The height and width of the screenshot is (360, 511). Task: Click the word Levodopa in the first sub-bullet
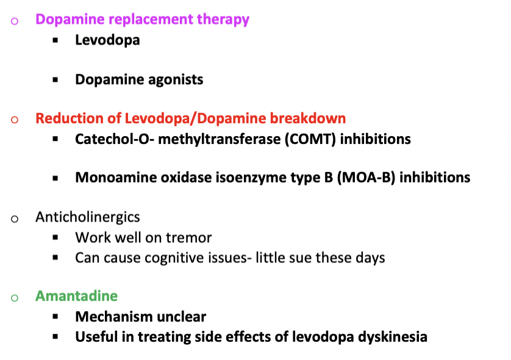107,40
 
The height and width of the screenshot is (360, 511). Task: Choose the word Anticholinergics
88,217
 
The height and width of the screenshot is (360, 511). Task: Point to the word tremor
191,237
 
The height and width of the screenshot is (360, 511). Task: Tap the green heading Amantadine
76,297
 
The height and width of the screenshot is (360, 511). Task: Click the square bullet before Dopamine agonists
56,80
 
